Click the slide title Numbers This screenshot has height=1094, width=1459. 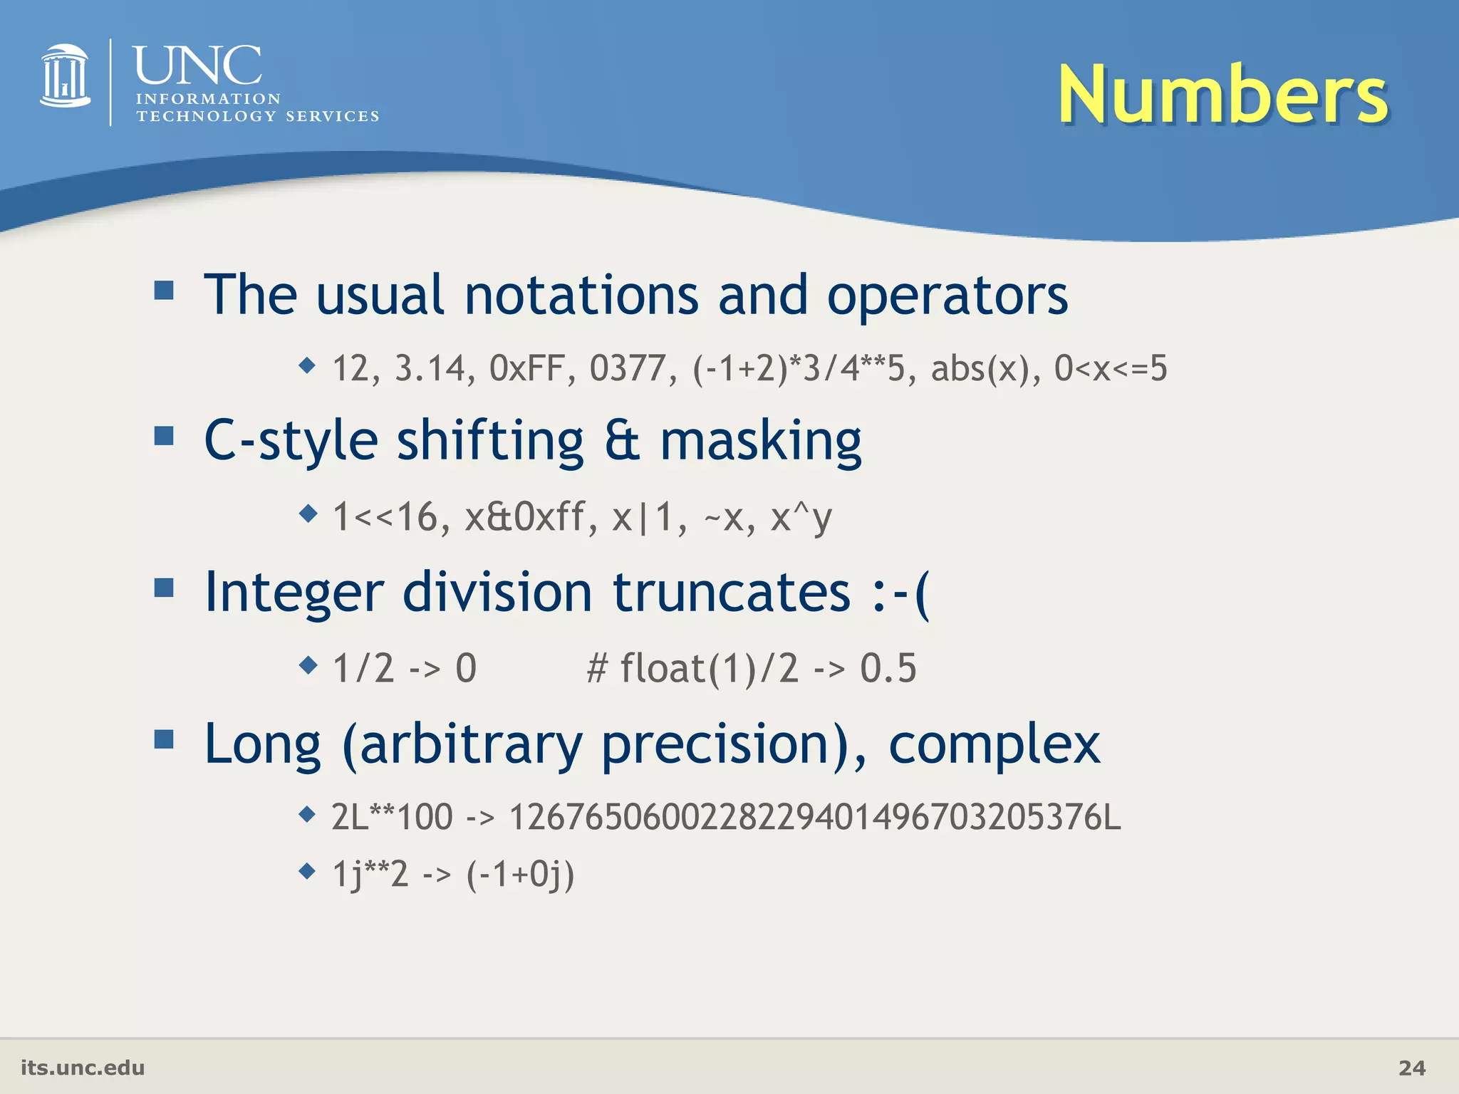pyautogui.click(x=1222, y=95)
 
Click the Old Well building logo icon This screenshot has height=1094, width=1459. pyautogui.click(x=65, y=76)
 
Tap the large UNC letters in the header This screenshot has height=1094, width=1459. pyautogui.click(x=197, y=66)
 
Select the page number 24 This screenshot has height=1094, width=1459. pyautogui.click(x=1411, y=1068)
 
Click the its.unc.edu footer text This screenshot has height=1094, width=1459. pyautogui.click(x=83, y=1068)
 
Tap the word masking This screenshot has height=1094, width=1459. pyautogui.click(x=760, y=441)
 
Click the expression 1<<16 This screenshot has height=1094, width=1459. pyautogui.click(x=390, y=517)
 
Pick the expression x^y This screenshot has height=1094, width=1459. pyautogui.click(x=801, y=517)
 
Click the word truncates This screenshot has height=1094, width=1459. pyautogui.click(x=732, y=592)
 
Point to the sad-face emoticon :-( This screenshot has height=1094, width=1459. pyautogui.click(x=900, y=592)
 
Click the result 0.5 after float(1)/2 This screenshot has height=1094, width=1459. pyautogui.click(x=888, y=669)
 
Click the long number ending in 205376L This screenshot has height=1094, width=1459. pyautogui.click(x=814, y=817)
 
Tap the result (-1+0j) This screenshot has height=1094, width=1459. pyautogui.click(x=520, y=874)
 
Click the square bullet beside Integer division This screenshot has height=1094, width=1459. pyautogui.click(x=164, y=588)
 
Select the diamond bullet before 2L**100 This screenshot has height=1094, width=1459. pyautogui.click(x=307, y=813)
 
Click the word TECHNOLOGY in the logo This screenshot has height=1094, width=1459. pyautogui.click(x=206, y=116)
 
